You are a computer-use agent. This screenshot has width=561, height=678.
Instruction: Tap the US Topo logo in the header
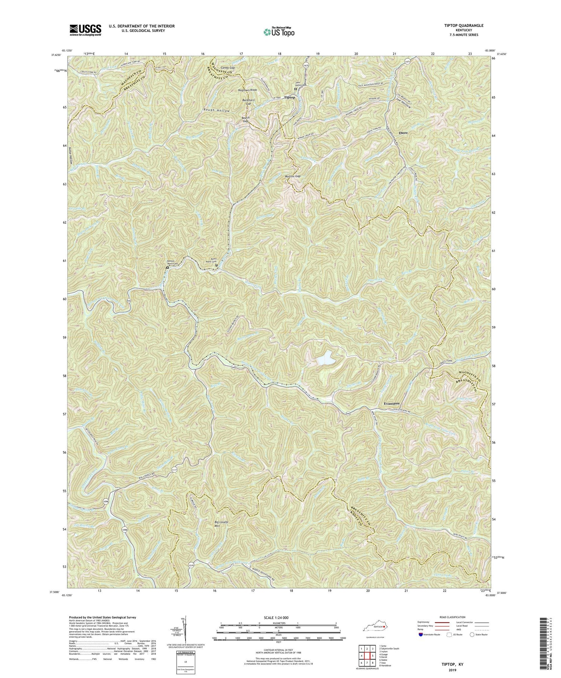[279, 32]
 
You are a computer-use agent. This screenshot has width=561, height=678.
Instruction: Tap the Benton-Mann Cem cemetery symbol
[168, 268]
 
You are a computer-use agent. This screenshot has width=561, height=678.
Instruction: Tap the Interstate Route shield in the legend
[421, 635]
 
